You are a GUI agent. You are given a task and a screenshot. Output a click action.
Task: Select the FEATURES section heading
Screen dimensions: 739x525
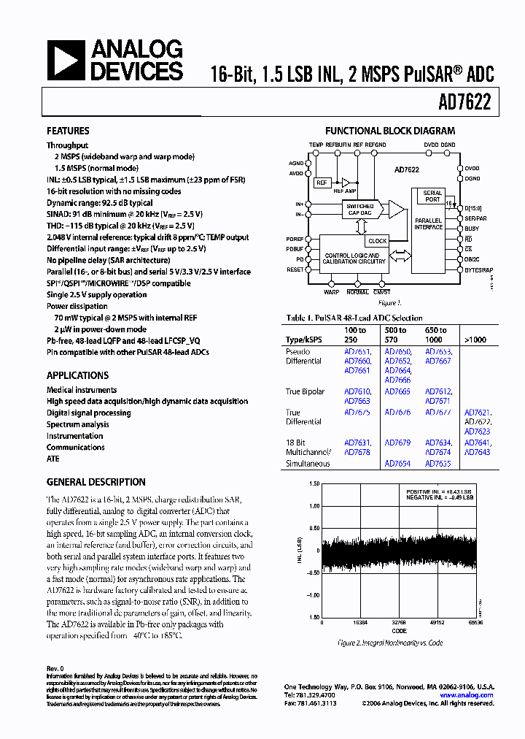(x=68, y=131)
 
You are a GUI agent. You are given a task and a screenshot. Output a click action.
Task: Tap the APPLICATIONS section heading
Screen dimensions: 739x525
(x=77, y=375)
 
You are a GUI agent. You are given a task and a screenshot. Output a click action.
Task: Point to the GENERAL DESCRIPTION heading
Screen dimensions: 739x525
(x=96, y=482)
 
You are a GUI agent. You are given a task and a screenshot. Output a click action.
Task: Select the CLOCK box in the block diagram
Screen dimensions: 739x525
(x=377, y=241)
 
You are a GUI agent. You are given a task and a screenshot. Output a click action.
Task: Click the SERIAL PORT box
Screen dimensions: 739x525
(x=432, y=196)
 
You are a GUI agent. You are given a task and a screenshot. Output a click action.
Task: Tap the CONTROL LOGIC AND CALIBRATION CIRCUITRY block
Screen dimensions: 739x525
(x=356, y=258)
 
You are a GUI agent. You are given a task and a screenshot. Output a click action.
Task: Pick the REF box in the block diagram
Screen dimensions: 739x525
(x=322, y=183)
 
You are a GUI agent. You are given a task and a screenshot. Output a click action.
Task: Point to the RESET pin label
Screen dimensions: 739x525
(x=295, y=269)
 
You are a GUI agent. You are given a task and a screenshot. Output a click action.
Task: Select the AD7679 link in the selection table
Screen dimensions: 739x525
(x=397, y=443)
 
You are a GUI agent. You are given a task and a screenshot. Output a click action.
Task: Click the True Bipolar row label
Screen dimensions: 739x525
(x=305, y=392)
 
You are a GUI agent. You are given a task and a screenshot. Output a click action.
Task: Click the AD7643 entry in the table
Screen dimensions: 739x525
(x=478, y=453)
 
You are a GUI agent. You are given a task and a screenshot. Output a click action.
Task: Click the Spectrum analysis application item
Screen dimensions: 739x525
(x=78, y=424)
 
